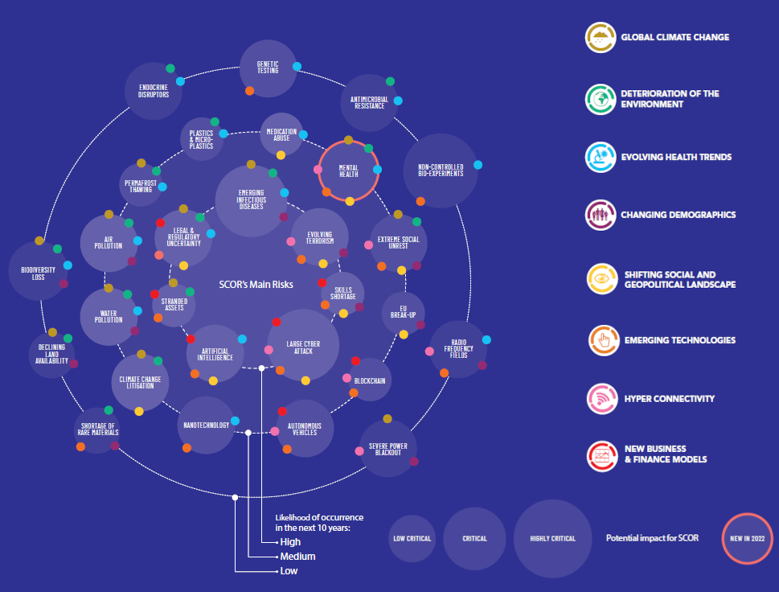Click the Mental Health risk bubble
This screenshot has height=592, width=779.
tap(348, 171)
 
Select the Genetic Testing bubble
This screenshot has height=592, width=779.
tap(268, 68)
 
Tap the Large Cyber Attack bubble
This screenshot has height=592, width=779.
tap(303, 346)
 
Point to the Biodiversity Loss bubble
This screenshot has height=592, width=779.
tap(39, 273)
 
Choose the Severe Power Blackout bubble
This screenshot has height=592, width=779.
tap(387, 448)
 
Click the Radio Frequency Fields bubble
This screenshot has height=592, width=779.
tap(458, 350)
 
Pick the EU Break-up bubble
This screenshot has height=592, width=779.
tap(403, 313)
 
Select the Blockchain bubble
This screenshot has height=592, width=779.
tap(370, 380)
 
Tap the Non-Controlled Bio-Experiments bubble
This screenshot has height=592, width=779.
tap(441, 171)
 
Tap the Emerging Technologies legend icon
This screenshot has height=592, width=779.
tap(601, 339)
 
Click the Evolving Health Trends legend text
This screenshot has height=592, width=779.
tap(676, 157)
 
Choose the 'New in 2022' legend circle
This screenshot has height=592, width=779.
tap(748, 537)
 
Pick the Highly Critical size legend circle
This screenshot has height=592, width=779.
tap(552, 538)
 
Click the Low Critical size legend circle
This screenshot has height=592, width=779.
tap(412, 538)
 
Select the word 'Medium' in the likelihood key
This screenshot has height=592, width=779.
tap(297, 557)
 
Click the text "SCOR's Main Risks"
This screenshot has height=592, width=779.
tap(256, 285)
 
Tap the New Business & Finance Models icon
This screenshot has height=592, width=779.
tap(601, 454)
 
